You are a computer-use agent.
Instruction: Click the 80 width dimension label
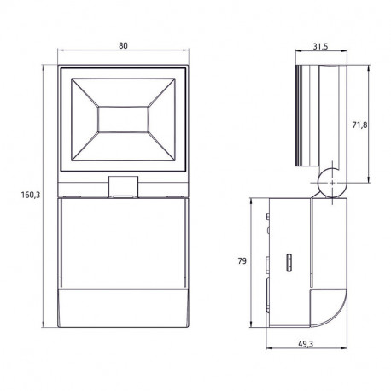click(x=123, y=45)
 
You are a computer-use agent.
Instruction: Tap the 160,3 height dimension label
click(x=31, y=195)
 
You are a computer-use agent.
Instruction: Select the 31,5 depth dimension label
click(x=320, y=46)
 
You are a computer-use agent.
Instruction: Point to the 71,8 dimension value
click(x=359, y=125)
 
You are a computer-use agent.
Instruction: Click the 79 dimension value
click(x=242, y=261)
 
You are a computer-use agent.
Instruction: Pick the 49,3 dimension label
click(x=306, y=344)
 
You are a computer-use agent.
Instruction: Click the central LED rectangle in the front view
click(x=123, y=120)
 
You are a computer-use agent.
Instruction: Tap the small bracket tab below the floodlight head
click(x=123, y=187)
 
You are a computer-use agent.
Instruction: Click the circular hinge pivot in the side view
click(x=332, y=183)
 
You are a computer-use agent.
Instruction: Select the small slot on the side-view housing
click(x=289, y=263)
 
